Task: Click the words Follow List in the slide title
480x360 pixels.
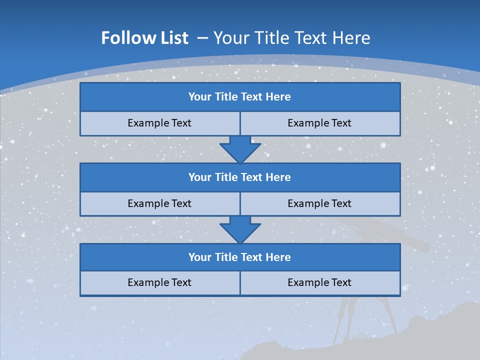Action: pyautogui.click(x=144, y=38)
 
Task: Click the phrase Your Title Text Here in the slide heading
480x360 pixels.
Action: pyautogui.click(x=291, y=38)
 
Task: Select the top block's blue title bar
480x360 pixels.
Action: pyautogui.click(x=240, y=97)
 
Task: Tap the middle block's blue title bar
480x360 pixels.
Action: pyautogui.click(x=240, y=177)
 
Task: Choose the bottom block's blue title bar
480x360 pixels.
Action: pyautogui.click(x=240, y=257)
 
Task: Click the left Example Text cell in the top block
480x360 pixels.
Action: pyautogui.click(x=159, y=123)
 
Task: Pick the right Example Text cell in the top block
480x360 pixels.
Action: pyautogui.click(x=319, y=123)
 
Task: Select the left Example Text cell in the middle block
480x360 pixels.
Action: pyautogui.click(x=159, y=203)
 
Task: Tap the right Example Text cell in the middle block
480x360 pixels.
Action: pyautogui.click(x=319, y=203)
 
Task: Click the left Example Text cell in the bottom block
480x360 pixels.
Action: pyautogui.click(x=159, y=282)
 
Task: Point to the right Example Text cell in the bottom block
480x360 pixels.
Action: pyautogui.click(x=319, y=282)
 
